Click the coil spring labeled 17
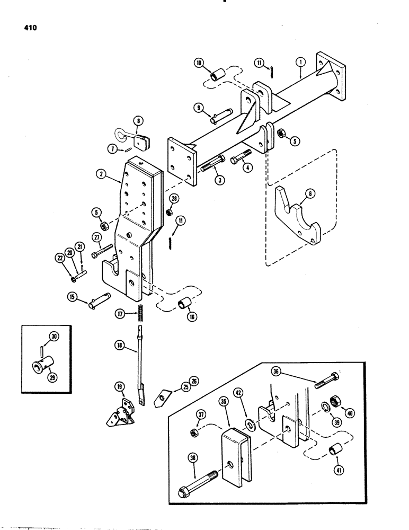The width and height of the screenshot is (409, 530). coord(141,313)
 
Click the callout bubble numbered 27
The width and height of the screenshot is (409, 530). coord(96,237)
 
